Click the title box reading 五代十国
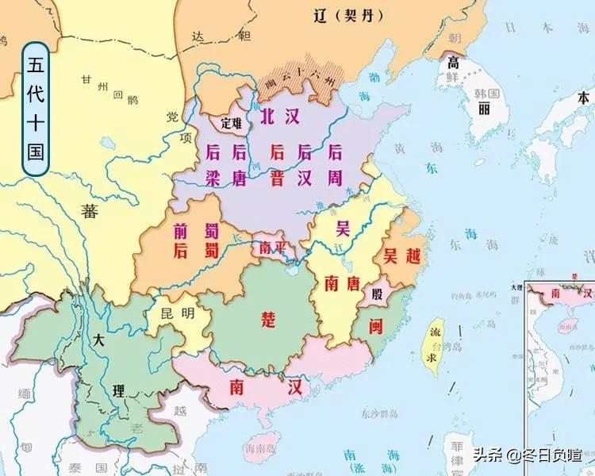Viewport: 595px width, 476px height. [36, 108]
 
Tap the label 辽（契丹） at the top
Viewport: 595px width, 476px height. [344, 15]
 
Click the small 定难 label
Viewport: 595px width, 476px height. [231, 123]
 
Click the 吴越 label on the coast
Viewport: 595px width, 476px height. [401, 255]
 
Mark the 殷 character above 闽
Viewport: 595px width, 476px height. [377, 294]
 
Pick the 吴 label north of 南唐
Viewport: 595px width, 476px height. [343, 229]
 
